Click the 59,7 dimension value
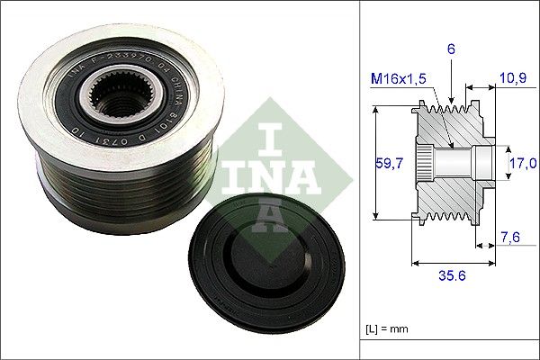(x=386, y=163)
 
